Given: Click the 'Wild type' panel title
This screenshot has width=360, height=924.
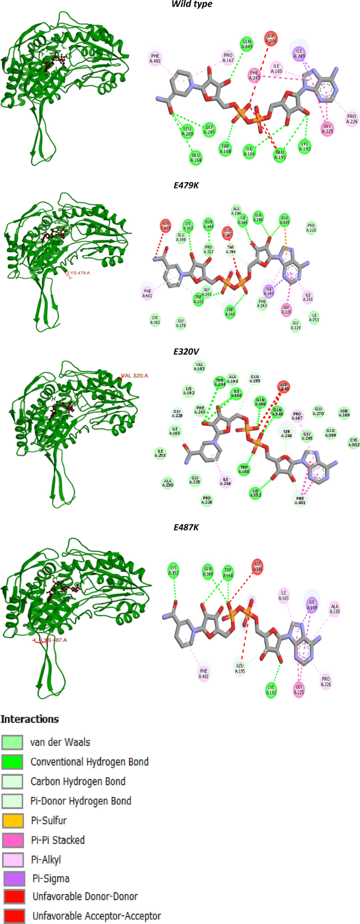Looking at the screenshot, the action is (x=192, y=4).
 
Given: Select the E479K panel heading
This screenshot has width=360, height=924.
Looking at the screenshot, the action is (x=186, y=185).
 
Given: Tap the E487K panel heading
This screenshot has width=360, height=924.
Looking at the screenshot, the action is (x=186, y=527).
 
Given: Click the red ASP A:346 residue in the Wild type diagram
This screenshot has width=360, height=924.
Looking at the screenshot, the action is (x=271, y=38).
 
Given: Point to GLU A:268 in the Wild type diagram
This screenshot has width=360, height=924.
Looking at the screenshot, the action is (x=196, y=158).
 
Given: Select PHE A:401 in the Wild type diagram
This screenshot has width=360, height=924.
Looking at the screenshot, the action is (x=155, y=58).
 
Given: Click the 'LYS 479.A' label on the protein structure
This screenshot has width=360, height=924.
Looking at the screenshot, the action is (x=78, y=273).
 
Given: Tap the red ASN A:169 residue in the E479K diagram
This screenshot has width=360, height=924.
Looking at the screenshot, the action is (x=166, y=226).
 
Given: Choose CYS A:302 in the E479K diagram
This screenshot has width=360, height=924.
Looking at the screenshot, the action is (x=155, y=320).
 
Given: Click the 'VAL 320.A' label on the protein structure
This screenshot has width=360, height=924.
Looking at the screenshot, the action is (x=135, y=376).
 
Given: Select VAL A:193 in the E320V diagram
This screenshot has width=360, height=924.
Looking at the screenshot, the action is (x=200, y=367).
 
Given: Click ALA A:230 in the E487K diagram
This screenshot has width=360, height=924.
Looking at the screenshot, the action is (x=335, y=609).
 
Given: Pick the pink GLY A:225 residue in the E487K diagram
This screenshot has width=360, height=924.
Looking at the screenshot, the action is (x=300, y=689).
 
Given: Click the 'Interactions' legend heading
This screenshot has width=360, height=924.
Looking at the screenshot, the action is (x=29, y=719).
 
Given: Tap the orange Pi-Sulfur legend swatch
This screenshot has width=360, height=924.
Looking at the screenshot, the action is (x=13, y=821).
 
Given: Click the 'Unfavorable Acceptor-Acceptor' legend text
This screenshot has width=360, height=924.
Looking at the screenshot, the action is (x=97, y=916).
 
